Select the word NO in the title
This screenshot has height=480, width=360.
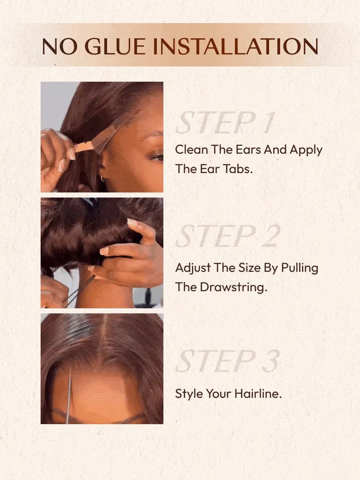[x=60, y=47]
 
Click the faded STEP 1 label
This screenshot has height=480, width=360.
[x=225, y=122]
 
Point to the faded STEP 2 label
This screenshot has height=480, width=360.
[x=228, y=236]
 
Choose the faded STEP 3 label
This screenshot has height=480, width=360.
[x=228, y=361]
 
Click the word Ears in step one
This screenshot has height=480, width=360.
[x=248, y=150]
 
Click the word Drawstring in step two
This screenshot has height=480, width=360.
[x=234, y=288]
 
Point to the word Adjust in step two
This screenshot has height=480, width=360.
[x=193, y=268]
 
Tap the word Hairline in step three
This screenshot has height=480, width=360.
[x=258, y=393]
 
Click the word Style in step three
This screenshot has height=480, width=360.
[x=189, y=394]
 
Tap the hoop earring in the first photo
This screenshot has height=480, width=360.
[x=102, y=178]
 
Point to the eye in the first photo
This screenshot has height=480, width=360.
[x=157, y=158]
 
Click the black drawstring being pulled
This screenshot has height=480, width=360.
[x=79, y=289]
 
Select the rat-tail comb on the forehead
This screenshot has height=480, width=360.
[x=69, y=396]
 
